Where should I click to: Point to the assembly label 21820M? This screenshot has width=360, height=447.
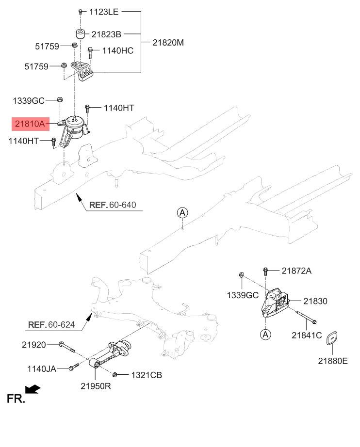pos(168,42)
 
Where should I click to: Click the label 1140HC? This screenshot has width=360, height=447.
pos(117,50)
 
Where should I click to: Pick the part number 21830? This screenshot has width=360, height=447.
pos(316,301)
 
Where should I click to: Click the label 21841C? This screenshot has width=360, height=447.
pos(307,335)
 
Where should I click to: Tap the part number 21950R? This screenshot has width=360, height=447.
pos(96,386)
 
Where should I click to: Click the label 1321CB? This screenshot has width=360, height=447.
pos(146,375)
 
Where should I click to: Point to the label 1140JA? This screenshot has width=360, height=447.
pos(41,369)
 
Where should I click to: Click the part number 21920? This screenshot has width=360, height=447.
pos(33,345)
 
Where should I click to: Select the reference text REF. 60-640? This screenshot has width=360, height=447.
pos(112,205)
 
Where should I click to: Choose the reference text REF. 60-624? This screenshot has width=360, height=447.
pos(51,324)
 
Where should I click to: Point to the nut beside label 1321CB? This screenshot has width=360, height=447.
pos(115,374)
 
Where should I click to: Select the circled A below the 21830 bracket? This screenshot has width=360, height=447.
pos(265,334)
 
